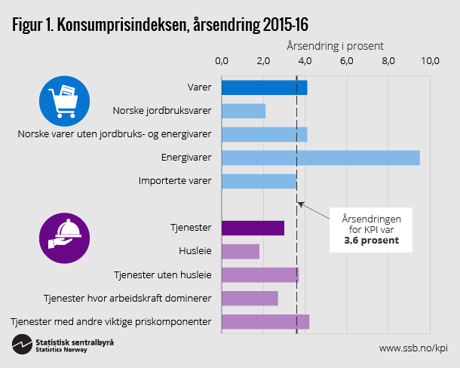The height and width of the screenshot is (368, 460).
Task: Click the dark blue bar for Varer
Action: click(x=264, y=87)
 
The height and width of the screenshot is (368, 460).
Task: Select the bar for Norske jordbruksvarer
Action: click(x=244, y=111)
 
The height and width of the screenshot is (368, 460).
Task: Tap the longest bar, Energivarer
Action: click(x=320, y=158)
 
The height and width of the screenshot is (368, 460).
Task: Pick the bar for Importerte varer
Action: click(x=259, y=181)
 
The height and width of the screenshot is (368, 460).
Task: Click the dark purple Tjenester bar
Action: click(x=253, y=228)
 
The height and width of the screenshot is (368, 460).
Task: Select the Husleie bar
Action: click(x=240, y=251)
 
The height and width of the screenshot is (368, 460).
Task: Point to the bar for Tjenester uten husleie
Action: click(x=259, y=274)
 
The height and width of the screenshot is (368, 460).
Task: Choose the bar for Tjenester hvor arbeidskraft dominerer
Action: click(x=250, y=298)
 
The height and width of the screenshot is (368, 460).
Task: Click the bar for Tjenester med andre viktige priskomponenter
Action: click(x=265, y=321)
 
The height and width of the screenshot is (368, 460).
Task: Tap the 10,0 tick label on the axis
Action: click(x=430, y=61)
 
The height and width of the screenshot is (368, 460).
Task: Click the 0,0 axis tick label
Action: click(x=222, y=61)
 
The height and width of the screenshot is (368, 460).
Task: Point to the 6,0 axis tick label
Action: click(x=347, y=61)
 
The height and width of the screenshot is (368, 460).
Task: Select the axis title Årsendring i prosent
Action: click(x=334, y=45)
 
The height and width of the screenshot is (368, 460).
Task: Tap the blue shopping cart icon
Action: click(x=64, y=100)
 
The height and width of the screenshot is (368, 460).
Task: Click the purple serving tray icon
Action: click(x=64, y=238)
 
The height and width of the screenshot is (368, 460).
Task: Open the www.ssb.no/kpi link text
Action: click(x=412, y=348)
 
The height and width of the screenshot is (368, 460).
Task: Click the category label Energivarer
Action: click(x=186, y=158)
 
